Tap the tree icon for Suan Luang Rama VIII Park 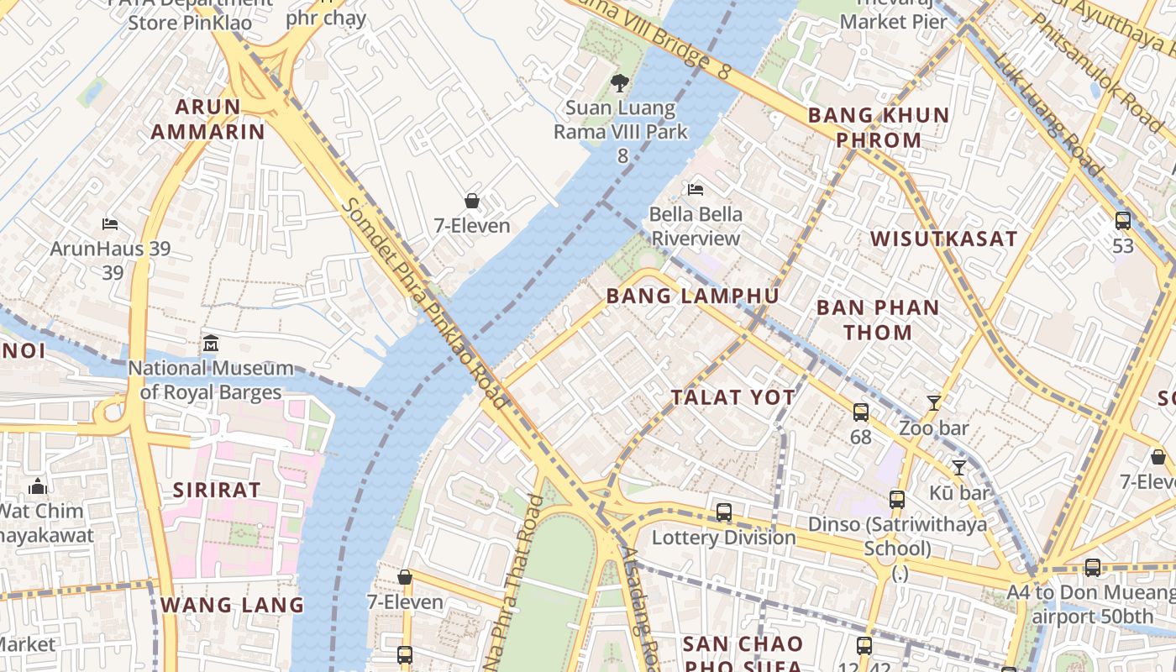[x=620, y=82]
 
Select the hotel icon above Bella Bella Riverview [x=696, y=189]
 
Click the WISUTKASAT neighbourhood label [x=944, y=239]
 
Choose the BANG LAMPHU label [x=693, y=296]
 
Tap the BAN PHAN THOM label [x=878, y=320]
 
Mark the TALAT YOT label [x=733, y=397]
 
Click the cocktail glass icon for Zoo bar [x=933, y=403]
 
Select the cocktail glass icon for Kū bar [x=958, y=467]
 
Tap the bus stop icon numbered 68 [x=861, y=412]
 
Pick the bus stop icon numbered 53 [x=1123, y=221]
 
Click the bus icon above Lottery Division [x=723, y=512]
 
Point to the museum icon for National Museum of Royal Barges [x=211, y=344]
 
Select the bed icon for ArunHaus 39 [x=110, y=224]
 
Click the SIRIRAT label [x=217, y=490]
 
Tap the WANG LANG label [x=232, y=605]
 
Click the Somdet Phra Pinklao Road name [x=424, y=302]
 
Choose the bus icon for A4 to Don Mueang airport [x=1092, y=568]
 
